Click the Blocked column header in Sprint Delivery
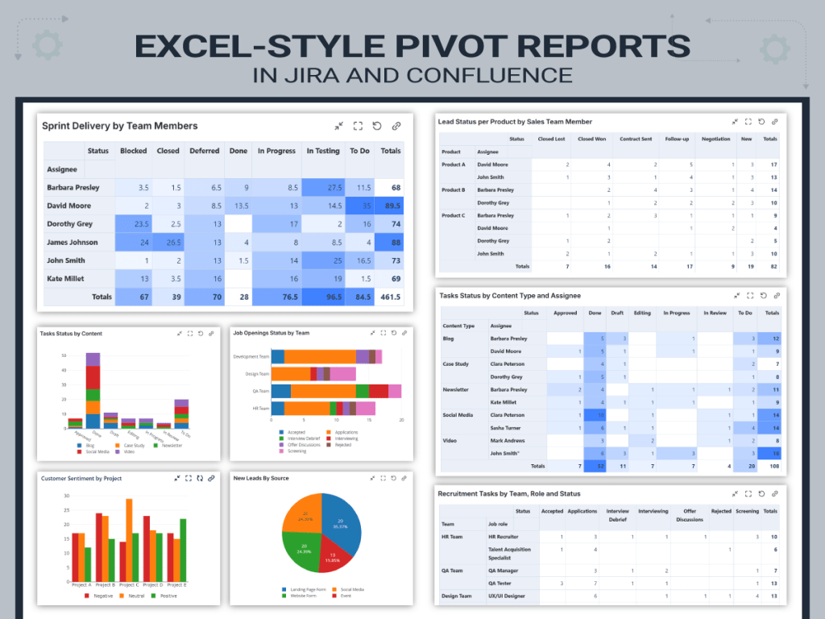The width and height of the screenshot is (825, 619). coord(133,151)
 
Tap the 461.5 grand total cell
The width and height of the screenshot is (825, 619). coord(389,297)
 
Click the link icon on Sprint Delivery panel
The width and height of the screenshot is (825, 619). coord(396,127)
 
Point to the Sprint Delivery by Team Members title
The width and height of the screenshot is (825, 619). coord(119,126)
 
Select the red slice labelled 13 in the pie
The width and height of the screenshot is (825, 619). coord(333,555)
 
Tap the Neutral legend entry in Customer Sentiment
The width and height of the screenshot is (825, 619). coord(131,596)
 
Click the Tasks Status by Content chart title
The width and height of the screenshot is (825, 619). coord(71,334)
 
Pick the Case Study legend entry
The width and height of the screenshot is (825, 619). coord(133,445)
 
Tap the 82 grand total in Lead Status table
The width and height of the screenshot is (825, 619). coord(773,266)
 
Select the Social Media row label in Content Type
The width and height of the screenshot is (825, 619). coord(457,415)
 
